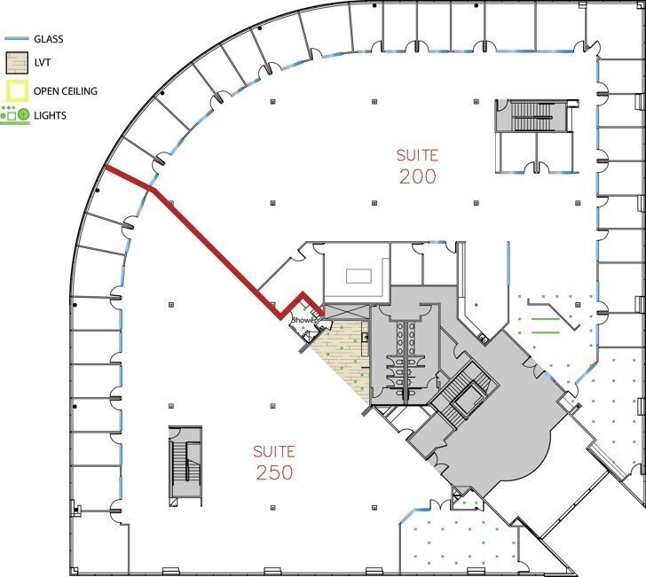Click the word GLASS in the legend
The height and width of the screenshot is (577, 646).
coord(48,39)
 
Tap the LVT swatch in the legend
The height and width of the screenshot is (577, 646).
coord(17,63)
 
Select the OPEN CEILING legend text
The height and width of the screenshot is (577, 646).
coord(66,91)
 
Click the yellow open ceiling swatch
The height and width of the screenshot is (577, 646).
coord(17,91)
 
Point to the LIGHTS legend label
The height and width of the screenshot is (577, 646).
coord(50,115)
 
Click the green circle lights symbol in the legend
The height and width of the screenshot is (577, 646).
coord(24,114)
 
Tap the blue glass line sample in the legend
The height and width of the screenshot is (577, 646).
coord(17,39)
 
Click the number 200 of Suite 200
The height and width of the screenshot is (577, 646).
coord(417,176)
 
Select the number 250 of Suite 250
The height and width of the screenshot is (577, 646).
coord(274,472)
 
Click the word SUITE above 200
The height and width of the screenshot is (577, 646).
coord(417,156)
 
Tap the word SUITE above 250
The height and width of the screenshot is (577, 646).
coord(274,451)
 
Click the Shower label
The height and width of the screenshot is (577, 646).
coord(303,320)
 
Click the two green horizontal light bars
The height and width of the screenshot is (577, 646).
coord(546,325)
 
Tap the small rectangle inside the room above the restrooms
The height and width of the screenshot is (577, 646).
coord(358,277)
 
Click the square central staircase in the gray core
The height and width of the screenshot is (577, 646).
coord(463,392)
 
